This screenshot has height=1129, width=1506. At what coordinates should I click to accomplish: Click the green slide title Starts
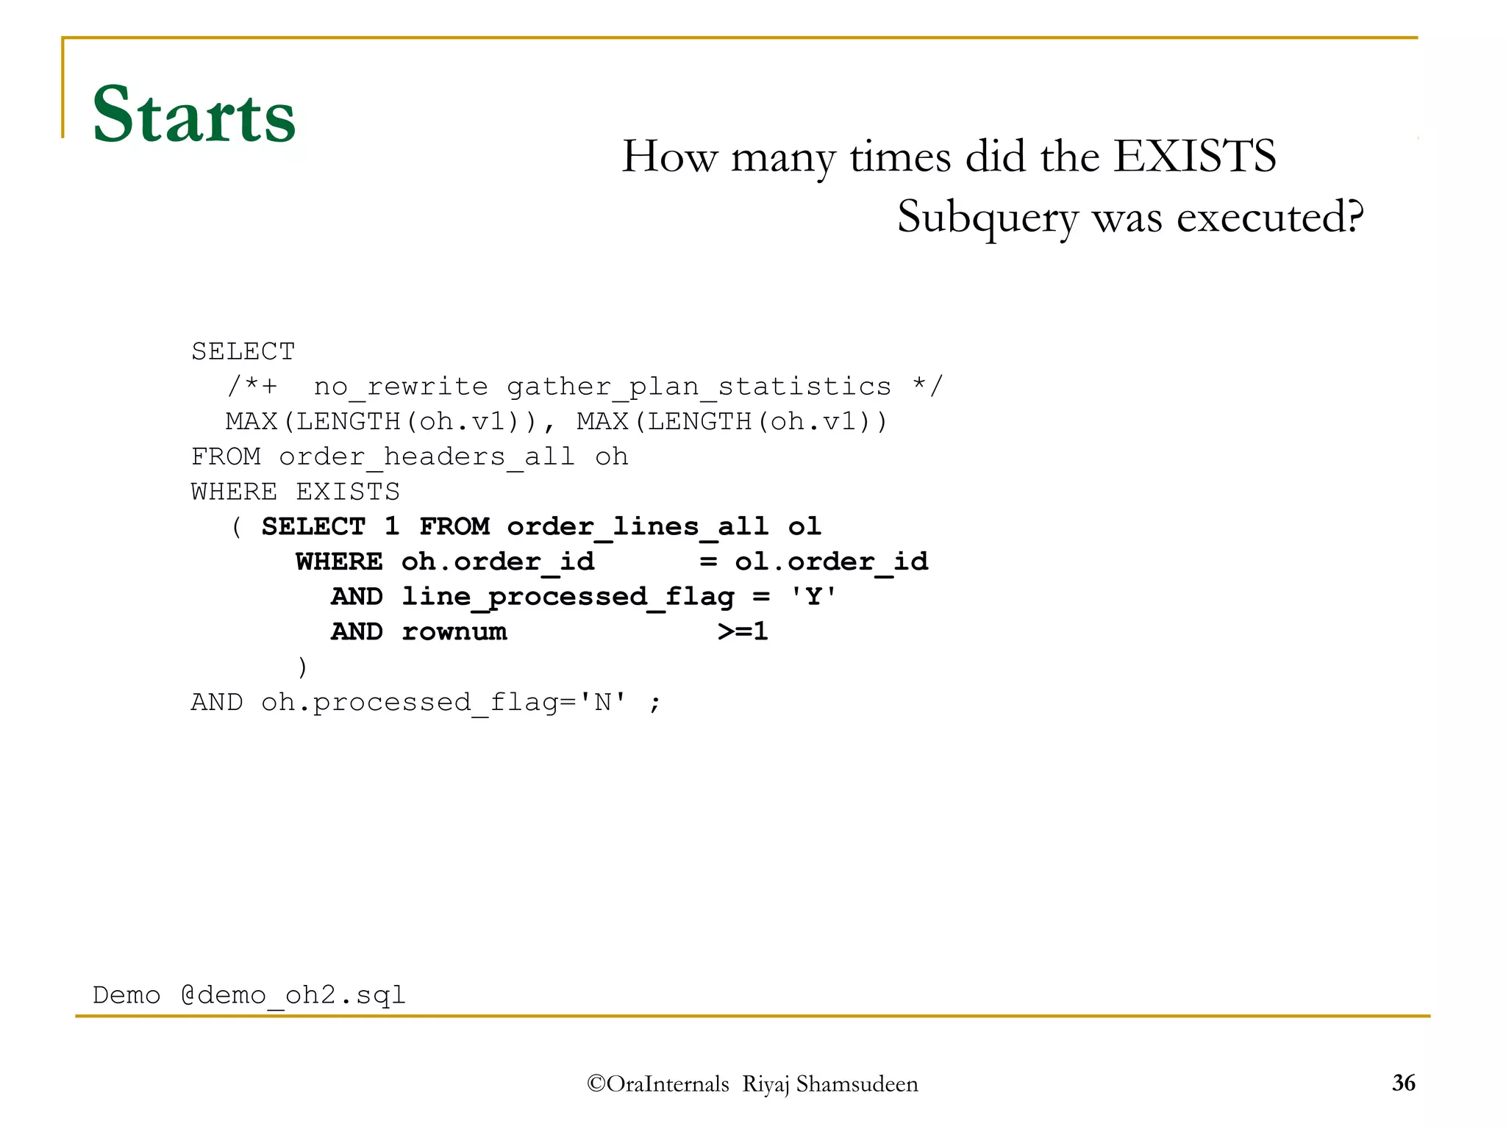[194, 115]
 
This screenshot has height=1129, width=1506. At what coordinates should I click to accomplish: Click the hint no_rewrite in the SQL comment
[401, 387]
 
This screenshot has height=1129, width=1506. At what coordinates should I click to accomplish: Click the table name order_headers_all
[427, 457]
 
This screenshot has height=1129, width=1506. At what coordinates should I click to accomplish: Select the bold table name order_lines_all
[638, 526]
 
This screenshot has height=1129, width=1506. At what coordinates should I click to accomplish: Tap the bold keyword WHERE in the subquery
[339, 562]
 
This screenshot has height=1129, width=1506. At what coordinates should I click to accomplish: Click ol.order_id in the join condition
[831, 562]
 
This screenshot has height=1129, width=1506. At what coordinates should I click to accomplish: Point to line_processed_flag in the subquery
[568, 597]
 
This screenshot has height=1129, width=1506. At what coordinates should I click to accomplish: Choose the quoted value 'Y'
[813, 596]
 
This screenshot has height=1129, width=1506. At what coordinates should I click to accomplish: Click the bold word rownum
[454, 631]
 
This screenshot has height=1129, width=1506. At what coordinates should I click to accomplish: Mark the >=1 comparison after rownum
[743, 631]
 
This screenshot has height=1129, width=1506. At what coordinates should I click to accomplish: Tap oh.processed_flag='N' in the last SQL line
[444, 703]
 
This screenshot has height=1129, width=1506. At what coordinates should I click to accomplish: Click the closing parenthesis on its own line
[301, 667]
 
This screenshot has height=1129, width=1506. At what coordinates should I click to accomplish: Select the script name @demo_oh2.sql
[293, 995]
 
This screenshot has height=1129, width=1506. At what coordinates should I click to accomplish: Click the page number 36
[1403, 1083]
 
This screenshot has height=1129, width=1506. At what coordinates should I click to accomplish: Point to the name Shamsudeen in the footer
[857, 1084]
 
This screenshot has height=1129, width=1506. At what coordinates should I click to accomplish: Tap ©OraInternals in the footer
[658, 1084]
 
